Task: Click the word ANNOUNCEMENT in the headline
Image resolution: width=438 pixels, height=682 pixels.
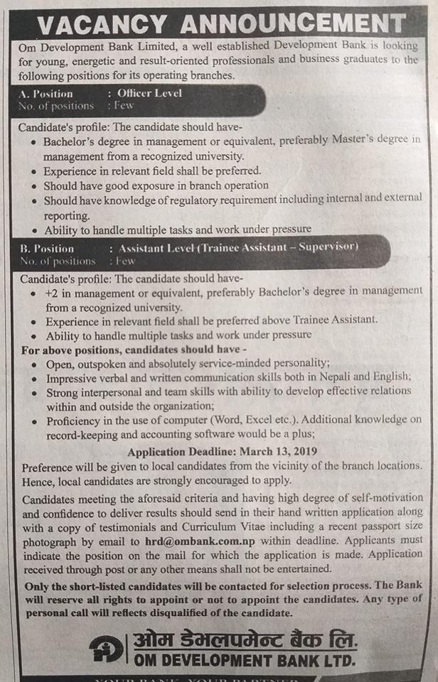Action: point(292,25)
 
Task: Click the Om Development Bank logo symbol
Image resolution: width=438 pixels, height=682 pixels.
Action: point(106,648)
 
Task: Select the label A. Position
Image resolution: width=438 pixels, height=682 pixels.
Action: point(46,93)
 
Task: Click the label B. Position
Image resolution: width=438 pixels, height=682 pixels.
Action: point(47,248)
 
